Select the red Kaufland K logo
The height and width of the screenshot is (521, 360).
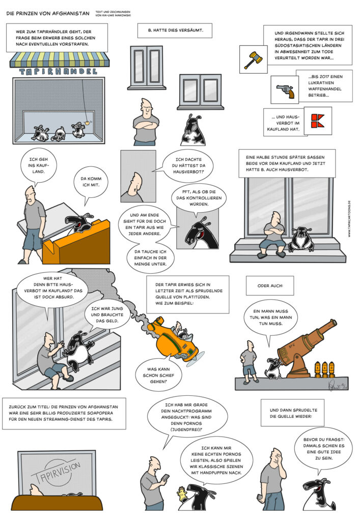(317, 121)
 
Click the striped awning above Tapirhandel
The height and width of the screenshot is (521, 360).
(59, 60)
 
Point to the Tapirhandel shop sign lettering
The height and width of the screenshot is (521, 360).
(59, 71)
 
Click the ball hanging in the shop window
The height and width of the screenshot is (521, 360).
(88, 122)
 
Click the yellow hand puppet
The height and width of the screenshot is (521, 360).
(182, 494)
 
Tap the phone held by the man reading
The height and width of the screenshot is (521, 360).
(165, 477)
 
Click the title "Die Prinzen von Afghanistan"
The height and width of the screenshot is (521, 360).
(48, 14)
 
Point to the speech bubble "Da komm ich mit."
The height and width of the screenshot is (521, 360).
(91, 184)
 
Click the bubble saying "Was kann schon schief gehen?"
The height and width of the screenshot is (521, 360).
(158, 375)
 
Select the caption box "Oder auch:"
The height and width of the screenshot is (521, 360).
(270, 285)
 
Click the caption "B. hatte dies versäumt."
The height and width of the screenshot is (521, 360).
(175, 30)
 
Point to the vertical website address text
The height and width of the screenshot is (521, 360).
(349, 219)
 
